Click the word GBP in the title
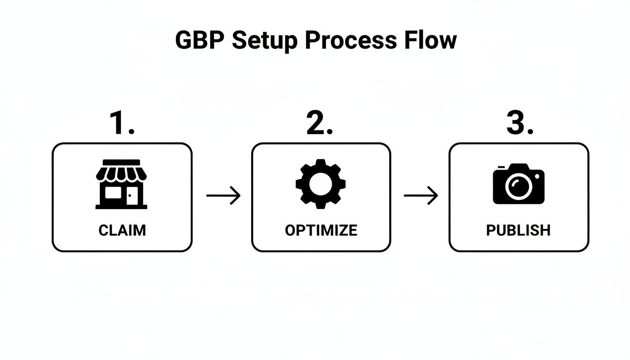200,40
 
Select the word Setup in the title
264,40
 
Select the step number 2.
320,124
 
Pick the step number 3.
519,124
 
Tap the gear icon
321,184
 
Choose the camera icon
518,184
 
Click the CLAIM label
122,230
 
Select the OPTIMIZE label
321,230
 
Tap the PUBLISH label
518,230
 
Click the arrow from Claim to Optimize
223,195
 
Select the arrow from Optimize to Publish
420,195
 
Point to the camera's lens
518,187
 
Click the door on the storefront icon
132,196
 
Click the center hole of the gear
321,184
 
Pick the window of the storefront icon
113,194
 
